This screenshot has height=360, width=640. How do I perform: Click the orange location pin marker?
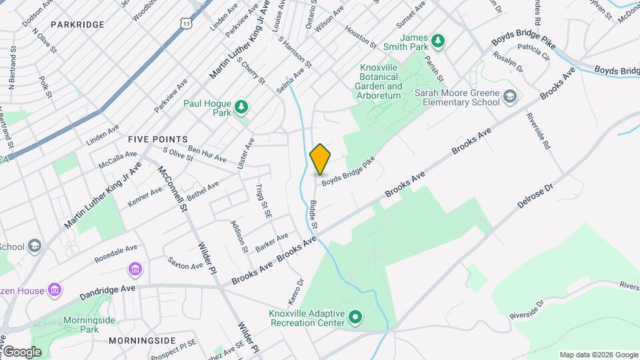[x=321, y=159]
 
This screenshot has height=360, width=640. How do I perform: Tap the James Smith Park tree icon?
[x=438, y=42]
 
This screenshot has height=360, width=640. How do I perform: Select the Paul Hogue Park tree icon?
[x=241, y=106]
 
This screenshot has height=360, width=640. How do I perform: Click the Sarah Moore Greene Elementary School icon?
[x=509, y=97]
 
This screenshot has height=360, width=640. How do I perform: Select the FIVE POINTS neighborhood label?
[x=158, y=139]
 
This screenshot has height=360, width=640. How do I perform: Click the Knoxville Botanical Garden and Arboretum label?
[x=381, y=81]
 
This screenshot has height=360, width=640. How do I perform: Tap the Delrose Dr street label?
[x=535, y=201]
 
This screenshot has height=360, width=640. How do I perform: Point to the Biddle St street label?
[x=313, y=217]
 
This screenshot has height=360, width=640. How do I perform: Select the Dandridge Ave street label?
[x=107, y=291]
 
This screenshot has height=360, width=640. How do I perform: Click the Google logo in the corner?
[x=21, y=351]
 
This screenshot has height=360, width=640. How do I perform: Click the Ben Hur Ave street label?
[x=207, y=153]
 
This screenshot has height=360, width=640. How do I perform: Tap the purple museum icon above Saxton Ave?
[x=135, y=269]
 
